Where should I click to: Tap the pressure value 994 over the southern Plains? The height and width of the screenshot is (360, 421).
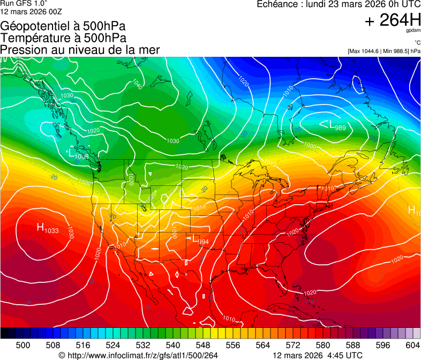tap(203, 242)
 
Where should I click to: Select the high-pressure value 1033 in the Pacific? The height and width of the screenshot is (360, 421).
tap(52, 231)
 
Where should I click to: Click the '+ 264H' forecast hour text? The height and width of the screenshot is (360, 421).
tap(392, 20)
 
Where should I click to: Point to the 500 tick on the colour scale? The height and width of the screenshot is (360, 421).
tap(23, 344)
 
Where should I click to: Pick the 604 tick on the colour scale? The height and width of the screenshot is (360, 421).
tap(413, 344)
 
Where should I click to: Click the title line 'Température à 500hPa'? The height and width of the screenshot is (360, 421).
tap(63, 38)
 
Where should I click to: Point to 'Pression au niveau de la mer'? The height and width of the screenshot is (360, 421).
tap(80, 50)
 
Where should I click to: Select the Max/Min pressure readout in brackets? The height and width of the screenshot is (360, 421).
tap(384, 51)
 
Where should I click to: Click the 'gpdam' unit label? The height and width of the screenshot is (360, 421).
tap(413, 31)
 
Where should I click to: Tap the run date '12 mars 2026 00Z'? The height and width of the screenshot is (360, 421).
tap(31, 11)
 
